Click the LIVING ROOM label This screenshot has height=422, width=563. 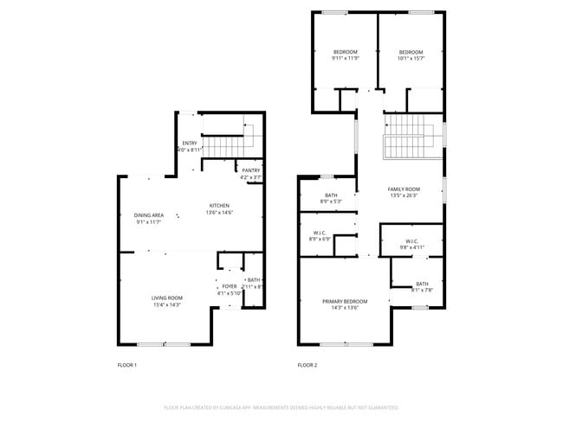click(167, 297)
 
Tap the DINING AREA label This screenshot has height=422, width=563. click(149, 215)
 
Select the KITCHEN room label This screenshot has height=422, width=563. click(219, 205)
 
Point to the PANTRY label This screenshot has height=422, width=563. click(251, 170)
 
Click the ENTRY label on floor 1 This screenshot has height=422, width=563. click(189, 143)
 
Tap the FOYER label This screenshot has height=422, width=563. click(230, 286)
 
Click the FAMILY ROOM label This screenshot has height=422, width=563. click(404, 189)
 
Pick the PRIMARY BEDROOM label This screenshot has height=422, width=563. click(345, 301)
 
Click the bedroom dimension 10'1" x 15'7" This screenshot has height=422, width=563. click(411, 59)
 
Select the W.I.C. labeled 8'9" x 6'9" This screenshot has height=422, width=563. click(320, 240)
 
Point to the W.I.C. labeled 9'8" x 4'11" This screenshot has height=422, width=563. click(411, 247)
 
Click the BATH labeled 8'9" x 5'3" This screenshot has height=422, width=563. click(331, 201)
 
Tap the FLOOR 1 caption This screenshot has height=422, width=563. click(127, 366)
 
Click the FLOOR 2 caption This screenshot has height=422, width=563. click(307, 366)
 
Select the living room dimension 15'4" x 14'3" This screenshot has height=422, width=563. click(167, 304)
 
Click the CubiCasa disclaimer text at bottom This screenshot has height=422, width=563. click(281, 406)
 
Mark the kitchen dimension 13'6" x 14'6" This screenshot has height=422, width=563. click(219, 213)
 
